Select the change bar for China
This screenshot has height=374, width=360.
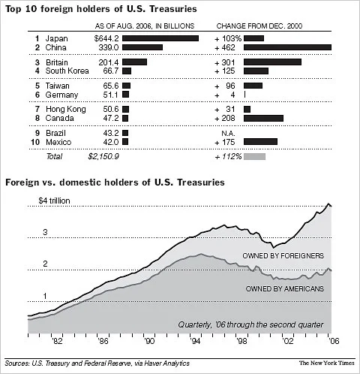[x=287, y=47]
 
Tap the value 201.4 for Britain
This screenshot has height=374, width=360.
[x=108, y=62]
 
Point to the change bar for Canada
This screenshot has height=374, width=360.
[x=263, y=119]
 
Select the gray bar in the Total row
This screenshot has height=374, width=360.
[x=254, y=156]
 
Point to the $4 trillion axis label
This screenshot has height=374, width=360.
[x=58, y=201]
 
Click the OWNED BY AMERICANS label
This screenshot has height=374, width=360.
[x=284, y=288]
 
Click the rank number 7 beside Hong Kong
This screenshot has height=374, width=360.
[x=16, y=109]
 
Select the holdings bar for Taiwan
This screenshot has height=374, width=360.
[x=126, y=86]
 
